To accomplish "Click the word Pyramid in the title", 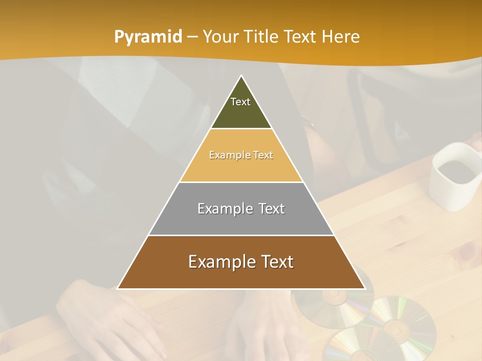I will tap(148, 37).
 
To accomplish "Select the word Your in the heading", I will tap(220, 37).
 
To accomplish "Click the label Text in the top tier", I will tap(240, 102).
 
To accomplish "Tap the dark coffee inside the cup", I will tap(455, 170).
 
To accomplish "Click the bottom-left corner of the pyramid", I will tap(118, 288).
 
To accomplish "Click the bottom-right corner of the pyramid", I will tap(365, 288).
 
